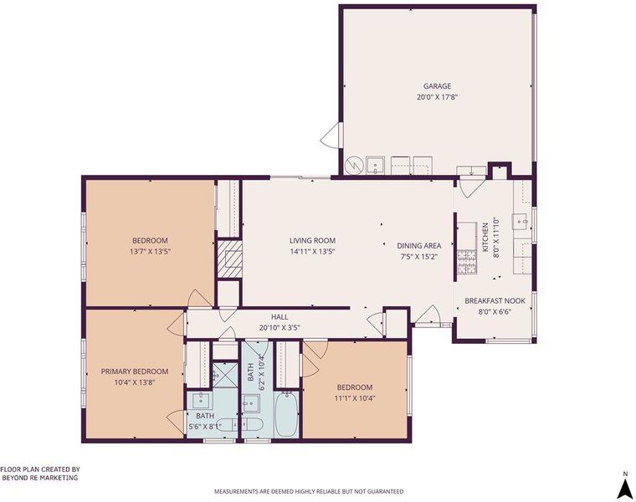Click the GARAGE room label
coord(437,86)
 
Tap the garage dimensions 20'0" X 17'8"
coord(437,97)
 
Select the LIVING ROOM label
coord(312,240)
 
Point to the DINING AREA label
coord(419,246)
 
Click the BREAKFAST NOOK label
coord(495,301)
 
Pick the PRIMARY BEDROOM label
coord(134,371)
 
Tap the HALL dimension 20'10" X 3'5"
coord(280,328)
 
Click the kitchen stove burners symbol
coord(467,262)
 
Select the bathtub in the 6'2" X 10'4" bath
coord(287,413)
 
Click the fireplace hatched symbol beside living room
coord(230,259)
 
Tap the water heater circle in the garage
coord(352,165)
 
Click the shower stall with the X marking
coord(225,374)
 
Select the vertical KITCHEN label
coord(485,238)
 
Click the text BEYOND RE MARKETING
coord(40,478)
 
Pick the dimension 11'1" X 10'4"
coord(354,398)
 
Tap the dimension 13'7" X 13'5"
coord(150,251)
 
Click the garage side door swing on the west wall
coord(331,135)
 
